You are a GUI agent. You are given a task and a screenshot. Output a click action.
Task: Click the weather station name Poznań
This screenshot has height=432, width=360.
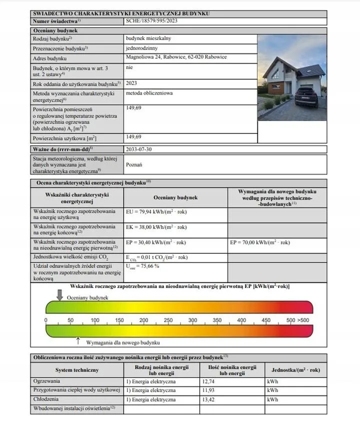coord(134,164)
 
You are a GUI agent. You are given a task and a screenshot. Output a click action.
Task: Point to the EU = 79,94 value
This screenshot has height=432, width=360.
coord(155,212)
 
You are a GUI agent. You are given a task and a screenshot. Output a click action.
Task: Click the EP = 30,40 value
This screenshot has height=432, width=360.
coord(155,242)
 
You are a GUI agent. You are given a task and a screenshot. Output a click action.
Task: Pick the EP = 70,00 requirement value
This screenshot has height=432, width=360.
coord(259,242)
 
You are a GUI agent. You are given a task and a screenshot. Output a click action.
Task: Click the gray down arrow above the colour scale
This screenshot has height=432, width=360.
coord(60,295)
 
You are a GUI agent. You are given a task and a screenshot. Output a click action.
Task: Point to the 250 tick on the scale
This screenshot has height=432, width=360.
coord(168,320)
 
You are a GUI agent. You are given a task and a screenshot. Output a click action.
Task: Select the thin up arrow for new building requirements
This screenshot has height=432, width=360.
coord(78,340)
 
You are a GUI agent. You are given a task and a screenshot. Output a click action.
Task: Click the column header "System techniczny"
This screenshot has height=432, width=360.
coord(77,370)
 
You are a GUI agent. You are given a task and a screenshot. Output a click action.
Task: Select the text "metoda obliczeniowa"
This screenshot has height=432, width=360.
coord(148,93)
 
